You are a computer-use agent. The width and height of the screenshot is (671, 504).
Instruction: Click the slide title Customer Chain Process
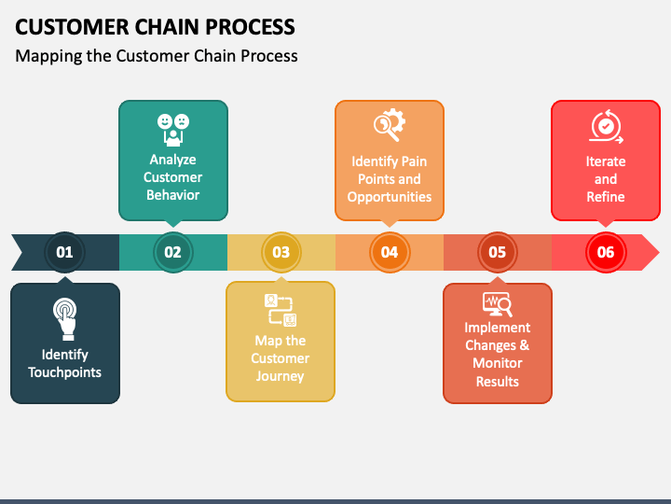point(156,26)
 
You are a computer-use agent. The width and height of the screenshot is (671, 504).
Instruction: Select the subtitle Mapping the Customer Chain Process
point(157,56)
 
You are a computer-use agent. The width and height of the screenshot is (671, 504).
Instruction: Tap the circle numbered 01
point(64,252)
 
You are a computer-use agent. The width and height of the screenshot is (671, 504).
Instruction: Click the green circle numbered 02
point(172,252)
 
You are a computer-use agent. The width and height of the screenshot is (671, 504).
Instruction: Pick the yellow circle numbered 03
point(281,252)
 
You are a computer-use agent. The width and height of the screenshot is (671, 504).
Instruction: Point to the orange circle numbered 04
point(389,252)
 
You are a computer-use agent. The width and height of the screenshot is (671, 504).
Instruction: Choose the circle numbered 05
point(497,252)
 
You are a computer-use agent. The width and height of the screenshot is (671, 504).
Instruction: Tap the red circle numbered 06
point(606,252)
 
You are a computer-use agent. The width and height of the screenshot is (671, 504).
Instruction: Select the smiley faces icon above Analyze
point(172,129)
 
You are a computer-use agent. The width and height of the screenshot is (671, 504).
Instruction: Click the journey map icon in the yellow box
point(280,310)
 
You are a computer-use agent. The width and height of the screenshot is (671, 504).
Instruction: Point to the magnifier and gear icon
point(389,125)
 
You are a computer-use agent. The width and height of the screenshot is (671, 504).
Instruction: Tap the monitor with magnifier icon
point(497,303)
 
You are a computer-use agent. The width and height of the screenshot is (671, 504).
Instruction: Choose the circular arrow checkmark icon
point(606,126)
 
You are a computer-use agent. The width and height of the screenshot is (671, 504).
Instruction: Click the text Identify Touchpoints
point(64,363)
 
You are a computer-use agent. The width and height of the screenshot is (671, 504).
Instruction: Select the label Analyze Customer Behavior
point(172,177)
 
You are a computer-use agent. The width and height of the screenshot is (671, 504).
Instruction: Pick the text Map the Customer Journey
point(281,358)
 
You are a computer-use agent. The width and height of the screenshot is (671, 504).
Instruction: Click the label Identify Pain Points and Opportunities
point(390,179)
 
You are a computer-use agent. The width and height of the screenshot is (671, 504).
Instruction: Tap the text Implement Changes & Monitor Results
point(498,355)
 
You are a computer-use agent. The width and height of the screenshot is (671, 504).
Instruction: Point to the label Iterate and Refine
point(606,179)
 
